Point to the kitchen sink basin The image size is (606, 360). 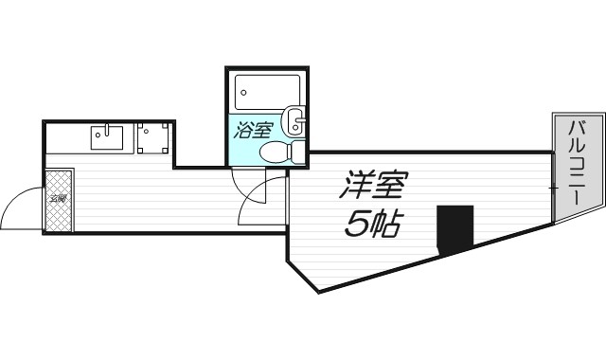pos(107,139)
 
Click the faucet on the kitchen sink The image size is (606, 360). pos(108,129)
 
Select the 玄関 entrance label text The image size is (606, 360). pos(59,199)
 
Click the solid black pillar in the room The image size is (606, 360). pos(454,228)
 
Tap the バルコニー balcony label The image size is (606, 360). pos(576,168)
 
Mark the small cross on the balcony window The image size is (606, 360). pos(553,189)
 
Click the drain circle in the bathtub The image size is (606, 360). pos(244,93)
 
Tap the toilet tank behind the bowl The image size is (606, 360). pos(298,153)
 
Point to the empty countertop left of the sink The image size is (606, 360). pos(66,139)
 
